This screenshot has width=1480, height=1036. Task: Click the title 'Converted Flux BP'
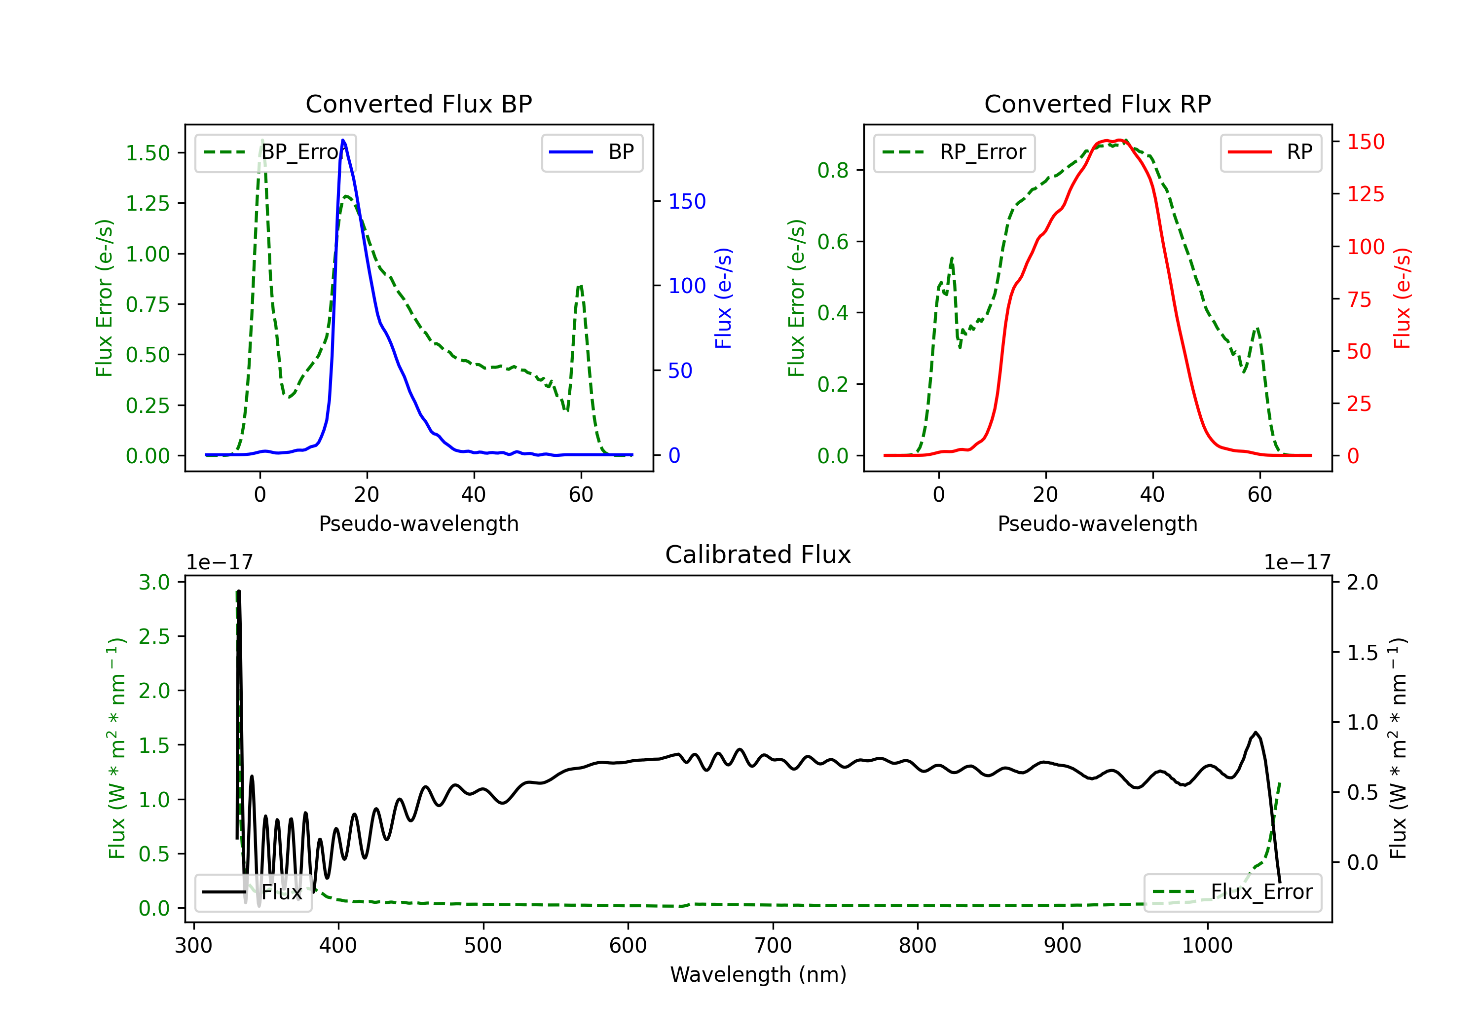pyautogui.click(x=419, y=104)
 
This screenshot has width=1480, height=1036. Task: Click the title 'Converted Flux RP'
pyautogui.click(x=1098, y=104)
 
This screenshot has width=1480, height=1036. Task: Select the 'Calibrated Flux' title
pyautogui.click(x=758, y=555)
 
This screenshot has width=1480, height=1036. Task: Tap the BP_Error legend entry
pyautogui.click(x=275, y=153)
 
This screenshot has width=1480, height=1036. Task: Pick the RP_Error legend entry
pyautogui.click(x=954, y=153)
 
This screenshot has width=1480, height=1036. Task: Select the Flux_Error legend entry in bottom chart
pyautogui.click(x=1232, y=892)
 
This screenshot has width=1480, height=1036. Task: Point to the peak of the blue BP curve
pyautogui.click(x=343, y=140)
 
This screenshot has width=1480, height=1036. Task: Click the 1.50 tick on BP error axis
pyautogui.click(x=148, y=153)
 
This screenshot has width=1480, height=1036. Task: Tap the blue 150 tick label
pyautogui.click(x=687, y=202)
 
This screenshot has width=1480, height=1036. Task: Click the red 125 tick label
pyautogui.click(x=1365, y=194)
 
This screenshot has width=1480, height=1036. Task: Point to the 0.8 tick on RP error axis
pyautogui.click(x=833, y=170)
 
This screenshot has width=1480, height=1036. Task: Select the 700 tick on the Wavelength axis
pyautogui.click(x=773, y=946)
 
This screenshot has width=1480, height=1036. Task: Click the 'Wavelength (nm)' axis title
pyautogui.click(x=758, y=974)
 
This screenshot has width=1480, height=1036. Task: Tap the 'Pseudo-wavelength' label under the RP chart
pyautogui.click(x=1098, y=523)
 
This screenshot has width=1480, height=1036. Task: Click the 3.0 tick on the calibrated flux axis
pyautogui.click(x=154, y=583)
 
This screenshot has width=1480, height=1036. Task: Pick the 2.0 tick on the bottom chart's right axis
pyautogui.click(x=1363, y=583)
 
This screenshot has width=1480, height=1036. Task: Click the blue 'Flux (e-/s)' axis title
pyautogui.click(x=723, y=298)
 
